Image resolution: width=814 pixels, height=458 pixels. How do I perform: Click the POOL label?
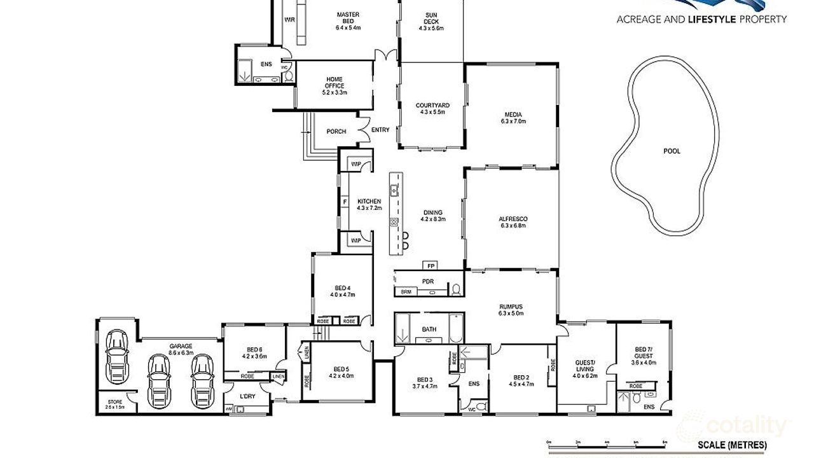tap(672, 151)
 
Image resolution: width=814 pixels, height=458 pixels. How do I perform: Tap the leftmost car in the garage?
tap(116, 356)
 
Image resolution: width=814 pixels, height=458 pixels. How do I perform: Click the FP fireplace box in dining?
tap(431, 265)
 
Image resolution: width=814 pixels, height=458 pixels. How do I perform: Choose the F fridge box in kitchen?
tap(345, 202)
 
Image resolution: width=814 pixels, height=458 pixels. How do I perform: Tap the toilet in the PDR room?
tap(455, 289)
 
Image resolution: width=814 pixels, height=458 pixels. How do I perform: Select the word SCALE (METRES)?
tap(732, 445)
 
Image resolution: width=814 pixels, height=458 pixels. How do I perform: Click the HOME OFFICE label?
tap(335, 83)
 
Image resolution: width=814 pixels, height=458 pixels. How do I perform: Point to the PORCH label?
tap(336, 132)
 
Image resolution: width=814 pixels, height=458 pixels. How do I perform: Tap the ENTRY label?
tap(380, 130)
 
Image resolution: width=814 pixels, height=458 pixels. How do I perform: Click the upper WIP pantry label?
tap(356, 164)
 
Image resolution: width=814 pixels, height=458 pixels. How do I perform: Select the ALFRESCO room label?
tap(513, 219)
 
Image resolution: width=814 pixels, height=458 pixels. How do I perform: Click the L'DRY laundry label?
tap(247, 397)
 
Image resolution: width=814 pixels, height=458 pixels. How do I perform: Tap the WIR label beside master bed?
tap(290, 20)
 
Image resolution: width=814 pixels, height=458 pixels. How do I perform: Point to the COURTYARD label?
tap(432, 106)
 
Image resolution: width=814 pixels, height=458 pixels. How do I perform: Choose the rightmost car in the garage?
tap(203, 380)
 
